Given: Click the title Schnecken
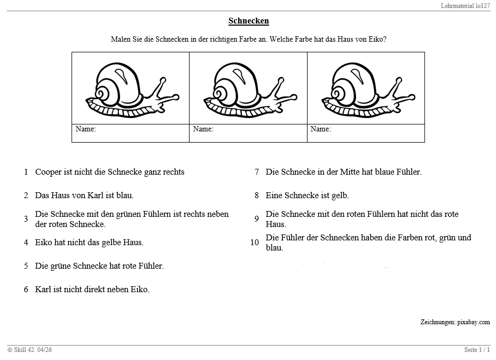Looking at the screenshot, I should tap(248, 21).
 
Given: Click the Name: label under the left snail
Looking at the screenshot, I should tap(85, 129).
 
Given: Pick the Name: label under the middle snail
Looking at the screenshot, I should tap(203, 129).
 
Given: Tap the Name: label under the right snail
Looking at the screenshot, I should tap(320, 129).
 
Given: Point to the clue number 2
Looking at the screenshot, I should tap(26, 195).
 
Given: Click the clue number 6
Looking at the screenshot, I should tap(26, 289).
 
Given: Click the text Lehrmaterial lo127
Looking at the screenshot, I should tap(466, 5).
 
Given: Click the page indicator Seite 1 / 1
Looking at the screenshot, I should tap(477, 350).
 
